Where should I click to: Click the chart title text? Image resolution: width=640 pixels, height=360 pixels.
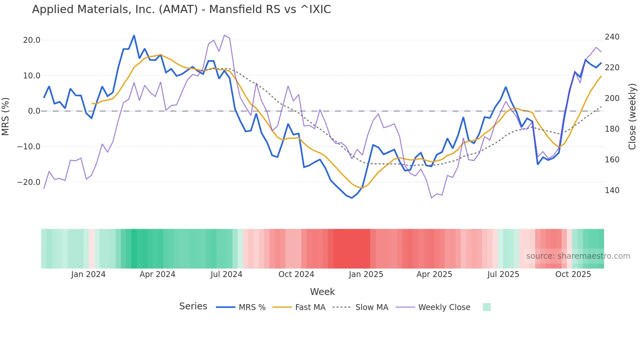[181, 9]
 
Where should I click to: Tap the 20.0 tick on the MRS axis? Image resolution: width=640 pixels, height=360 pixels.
[32, 40]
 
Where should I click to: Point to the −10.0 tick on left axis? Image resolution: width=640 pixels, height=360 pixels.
[29, 147]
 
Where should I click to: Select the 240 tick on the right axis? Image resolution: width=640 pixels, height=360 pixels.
[612, 37]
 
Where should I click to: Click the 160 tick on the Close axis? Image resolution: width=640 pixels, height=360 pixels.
[612, 160]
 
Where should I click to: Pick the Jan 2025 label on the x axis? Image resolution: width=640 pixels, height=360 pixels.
[366, 274]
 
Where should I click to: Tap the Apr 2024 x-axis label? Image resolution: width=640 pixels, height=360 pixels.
[157, 274]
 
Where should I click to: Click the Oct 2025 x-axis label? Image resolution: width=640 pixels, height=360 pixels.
[573, 274]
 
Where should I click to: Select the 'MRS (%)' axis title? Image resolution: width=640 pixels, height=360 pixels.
[6, 116]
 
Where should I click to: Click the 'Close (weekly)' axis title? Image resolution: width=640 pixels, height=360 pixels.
[632, 116]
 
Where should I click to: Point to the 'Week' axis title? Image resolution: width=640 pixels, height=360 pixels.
[322, 292]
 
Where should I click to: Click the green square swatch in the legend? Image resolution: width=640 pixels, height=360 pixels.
[487, 307]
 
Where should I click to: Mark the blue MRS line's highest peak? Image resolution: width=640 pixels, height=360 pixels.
[134, 36]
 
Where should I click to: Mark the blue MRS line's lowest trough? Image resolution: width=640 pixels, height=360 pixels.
[352, 198]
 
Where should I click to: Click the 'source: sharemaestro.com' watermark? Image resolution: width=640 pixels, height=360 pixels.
[578, 256]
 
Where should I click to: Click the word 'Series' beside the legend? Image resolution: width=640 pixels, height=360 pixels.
[193, 306]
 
